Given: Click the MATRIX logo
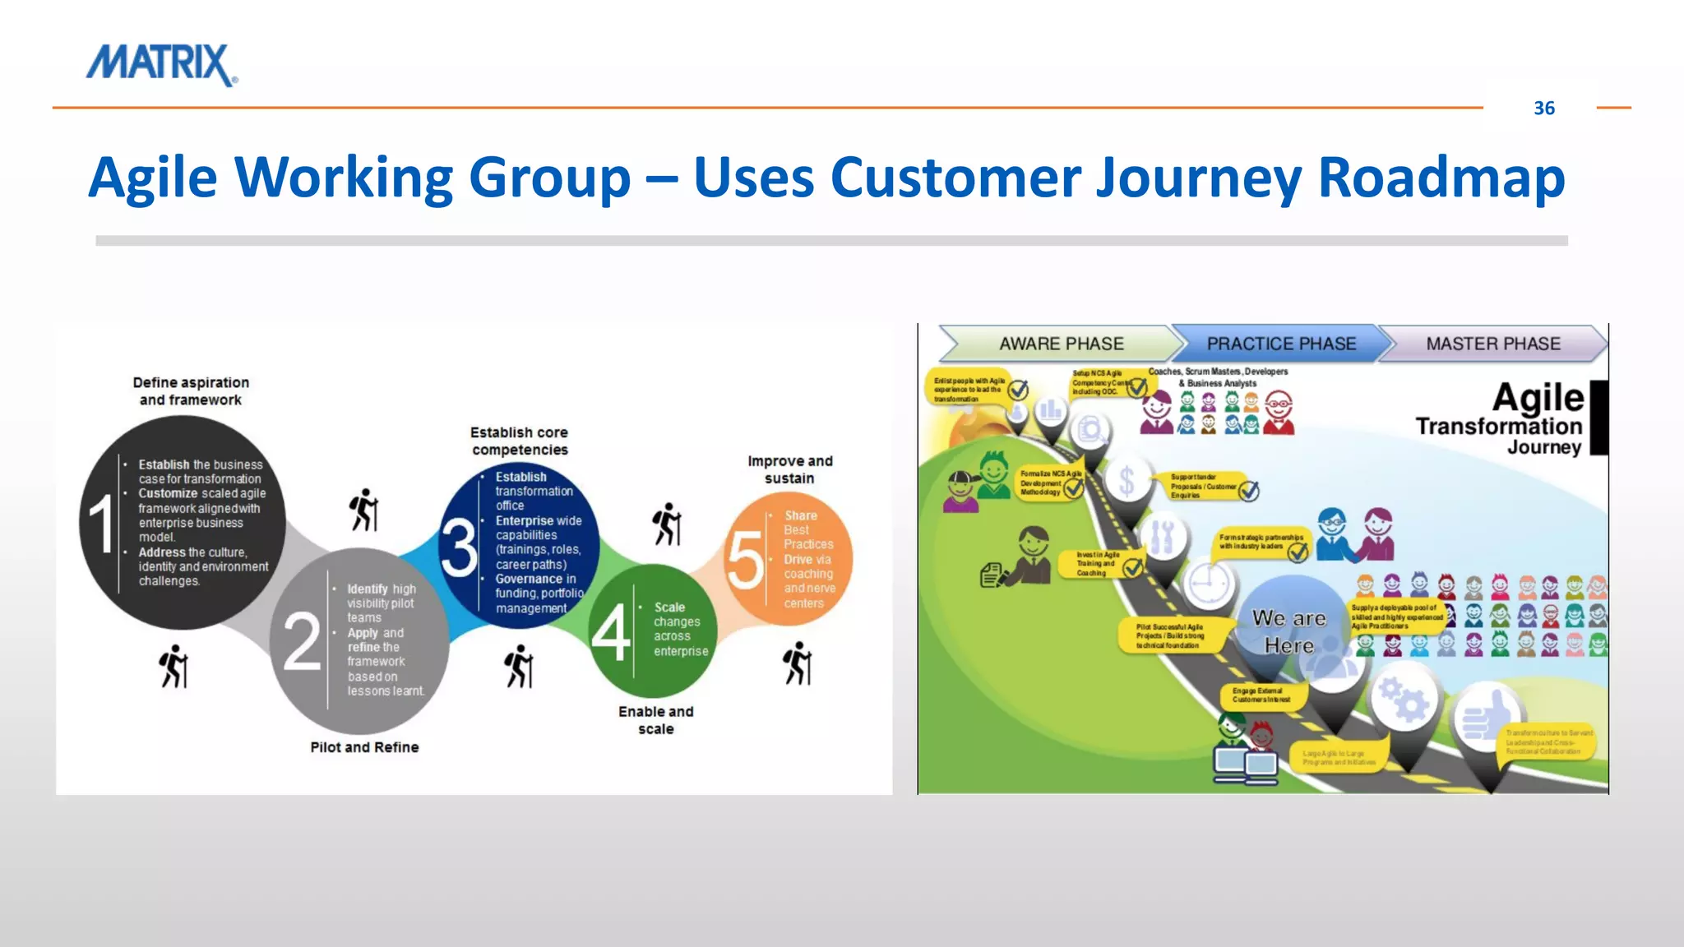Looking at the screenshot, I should pos(162,64).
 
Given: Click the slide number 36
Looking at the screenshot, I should pos(1543,109).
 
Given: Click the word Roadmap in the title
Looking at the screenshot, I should pos(1441,178).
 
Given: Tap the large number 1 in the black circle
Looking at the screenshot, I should pos(102,524).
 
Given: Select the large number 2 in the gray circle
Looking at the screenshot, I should pos(301,641).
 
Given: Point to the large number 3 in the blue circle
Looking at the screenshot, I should pos(459,546).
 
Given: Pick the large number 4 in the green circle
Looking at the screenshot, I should pos(610,633).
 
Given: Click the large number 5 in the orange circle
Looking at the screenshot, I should pos(745,560).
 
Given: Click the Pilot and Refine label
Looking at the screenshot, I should pos(364,747).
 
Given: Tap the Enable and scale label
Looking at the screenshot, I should pos(655,720).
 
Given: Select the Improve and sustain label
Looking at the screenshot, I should pos(789,469).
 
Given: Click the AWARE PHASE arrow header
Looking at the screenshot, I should pos(1061,344).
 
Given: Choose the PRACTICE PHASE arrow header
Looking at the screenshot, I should pos(1280,344).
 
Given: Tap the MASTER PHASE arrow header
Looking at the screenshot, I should pos(1492,344).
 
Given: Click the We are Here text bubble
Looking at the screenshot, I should pos(1288,631).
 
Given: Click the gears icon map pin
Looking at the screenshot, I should pos(1403,698).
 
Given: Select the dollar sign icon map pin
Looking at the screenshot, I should pos(1127,481).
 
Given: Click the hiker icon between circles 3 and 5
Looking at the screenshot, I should pos(667,524).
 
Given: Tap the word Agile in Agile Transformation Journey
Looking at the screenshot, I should pos(1537,398).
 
